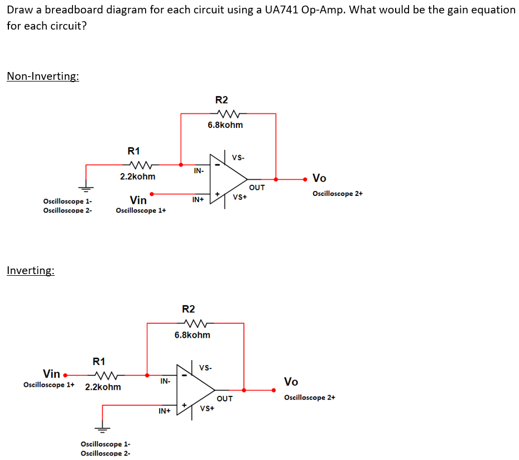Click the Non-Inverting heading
pyautogui.click(x=43, y=76)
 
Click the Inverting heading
pyautogui.click(x=31, y=271)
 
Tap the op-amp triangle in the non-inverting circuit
pyautogui.click(x=227, y=180)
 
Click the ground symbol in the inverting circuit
pyautogui.click(x=102, y=428)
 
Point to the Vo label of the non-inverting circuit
pyautogui.click(x=319, y=179)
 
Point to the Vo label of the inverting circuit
pyautogui.click(x=291, y=382)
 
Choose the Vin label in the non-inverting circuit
pyautogui.click(x=138, y=200)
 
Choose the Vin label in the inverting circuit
pyautogui.click(x=51, y=373)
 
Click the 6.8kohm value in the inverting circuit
pyautogui.click(x=193, y=335)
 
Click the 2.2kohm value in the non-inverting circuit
pyautogui.click(x=138, y=176)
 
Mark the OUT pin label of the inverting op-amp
pyautogui.click(x=224, y=399)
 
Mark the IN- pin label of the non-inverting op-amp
pyautogui.click(x=198, y=170)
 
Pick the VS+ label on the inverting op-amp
pyautogui.click(x=207, y=408)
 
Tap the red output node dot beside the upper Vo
pyautogui.click(x=305, y=179)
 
